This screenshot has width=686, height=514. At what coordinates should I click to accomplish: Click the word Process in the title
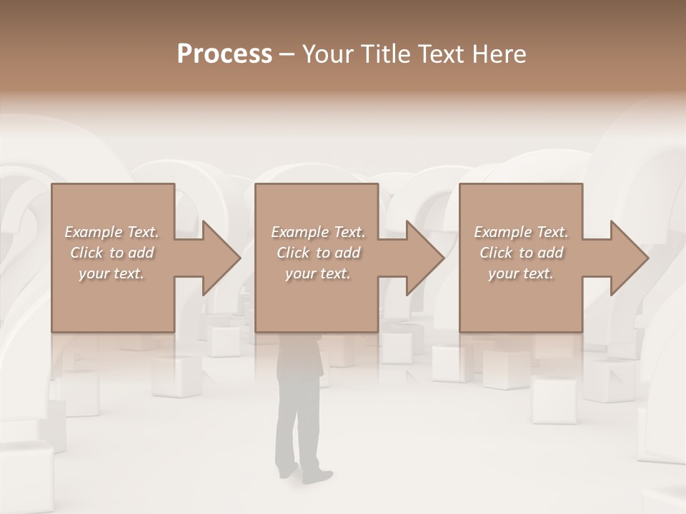[224, 54]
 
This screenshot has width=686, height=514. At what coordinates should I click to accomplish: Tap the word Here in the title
[499, 54]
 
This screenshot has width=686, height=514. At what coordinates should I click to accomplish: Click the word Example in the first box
[94, 232]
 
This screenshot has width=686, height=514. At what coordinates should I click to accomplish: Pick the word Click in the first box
[86, 253]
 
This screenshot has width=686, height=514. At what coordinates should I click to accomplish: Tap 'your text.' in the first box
[111, 273]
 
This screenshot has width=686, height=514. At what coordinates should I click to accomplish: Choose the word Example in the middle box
[300, 232]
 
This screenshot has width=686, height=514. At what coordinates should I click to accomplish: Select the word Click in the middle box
[292, 253]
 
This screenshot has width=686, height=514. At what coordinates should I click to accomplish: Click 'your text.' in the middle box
[318, 273]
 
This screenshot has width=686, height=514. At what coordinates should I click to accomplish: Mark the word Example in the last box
[503, 232]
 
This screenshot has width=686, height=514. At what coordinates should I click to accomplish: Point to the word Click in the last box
[495, 253]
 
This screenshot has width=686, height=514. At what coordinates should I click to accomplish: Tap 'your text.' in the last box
[521, 273]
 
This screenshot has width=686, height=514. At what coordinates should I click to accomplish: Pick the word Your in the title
[326, 54]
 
